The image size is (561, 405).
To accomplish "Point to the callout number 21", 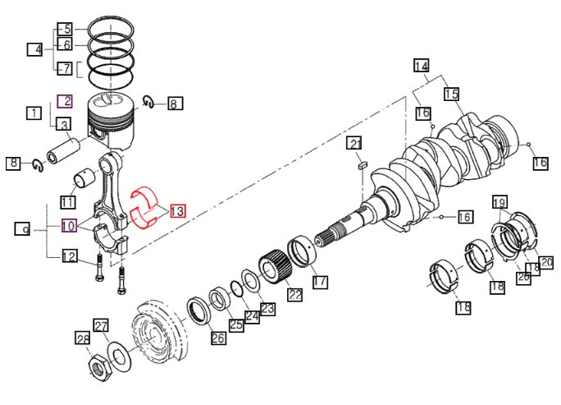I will tap(354, 145).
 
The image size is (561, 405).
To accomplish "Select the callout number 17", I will tap(320, 282).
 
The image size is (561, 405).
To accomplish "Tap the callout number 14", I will tap(421, 67).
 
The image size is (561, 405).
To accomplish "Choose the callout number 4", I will tap(34, 50).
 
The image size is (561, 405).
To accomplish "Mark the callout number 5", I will tap(66, 29).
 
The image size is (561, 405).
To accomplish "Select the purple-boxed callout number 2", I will tap(65, 102).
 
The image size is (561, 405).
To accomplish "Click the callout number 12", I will tap(71, 258).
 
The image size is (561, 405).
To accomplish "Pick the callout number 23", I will tap(267, 309).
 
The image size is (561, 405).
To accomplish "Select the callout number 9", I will tap(24, 229).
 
